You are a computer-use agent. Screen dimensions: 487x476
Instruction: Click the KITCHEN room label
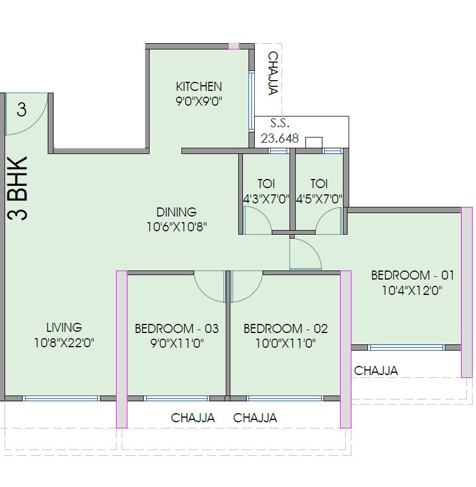pos(198,87)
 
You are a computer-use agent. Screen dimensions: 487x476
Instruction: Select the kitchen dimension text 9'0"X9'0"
pos(198,102)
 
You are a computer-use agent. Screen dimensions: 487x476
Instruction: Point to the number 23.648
pos(279,138)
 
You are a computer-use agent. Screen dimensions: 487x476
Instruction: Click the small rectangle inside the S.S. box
pos(313,142)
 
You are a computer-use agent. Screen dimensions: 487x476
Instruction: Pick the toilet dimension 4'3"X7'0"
pos(266,199)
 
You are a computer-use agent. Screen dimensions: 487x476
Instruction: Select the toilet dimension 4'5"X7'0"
pos(318,199)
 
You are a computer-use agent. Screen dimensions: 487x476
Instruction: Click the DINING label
pos(176,212)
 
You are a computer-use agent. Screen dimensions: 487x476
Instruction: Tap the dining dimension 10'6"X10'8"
pos(176,227)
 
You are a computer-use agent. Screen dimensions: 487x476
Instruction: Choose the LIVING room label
pos(64,327)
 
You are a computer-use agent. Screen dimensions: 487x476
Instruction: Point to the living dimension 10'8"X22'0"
pos(64,343)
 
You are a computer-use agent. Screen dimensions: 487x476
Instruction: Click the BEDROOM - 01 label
pos(412,276)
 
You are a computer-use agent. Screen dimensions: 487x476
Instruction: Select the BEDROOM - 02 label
pos(285,328)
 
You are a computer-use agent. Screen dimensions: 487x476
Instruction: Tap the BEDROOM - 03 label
pos(176,328)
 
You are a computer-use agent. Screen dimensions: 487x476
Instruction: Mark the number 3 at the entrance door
pos(22,109)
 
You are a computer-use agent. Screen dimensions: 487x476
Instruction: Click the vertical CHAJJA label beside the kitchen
pos(273,73)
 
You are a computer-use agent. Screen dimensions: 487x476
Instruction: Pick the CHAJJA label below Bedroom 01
pos(376,371)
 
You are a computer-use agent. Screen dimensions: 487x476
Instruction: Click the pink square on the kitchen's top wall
pos(233,45)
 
